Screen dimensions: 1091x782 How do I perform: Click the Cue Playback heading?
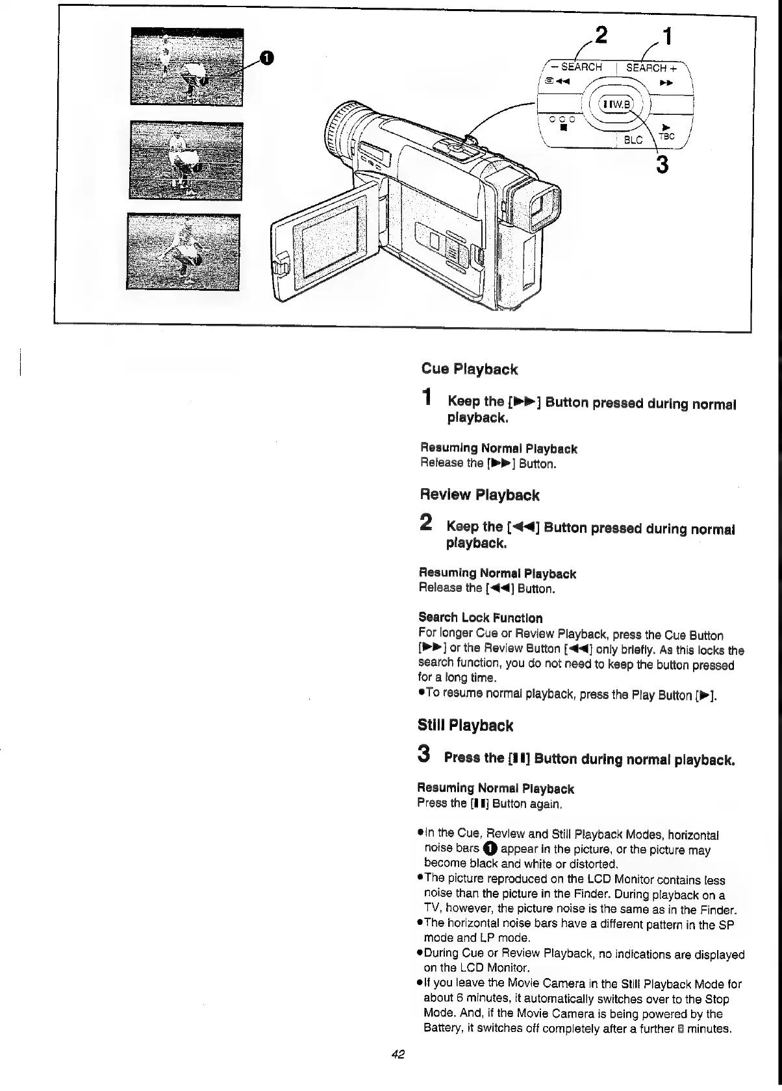tap(469, 369)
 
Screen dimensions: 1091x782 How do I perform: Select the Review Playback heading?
tap(479, 495)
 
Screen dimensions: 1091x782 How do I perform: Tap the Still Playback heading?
tap(465, 726)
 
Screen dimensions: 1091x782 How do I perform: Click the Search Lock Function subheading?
tap(480, 618)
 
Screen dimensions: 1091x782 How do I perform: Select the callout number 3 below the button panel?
tap(662, 165)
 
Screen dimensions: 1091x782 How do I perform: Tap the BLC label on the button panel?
tap(633, 140)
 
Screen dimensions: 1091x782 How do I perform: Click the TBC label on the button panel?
tap(667, 136)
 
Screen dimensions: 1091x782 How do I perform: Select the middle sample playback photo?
tap(186, 160)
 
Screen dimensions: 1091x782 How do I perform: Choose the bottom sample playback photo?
tap(184, 251)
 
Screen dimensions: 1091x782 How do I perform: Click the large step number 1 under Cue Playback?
tap(426, 397)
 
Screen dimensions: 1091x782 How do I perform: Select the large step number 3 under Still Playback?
tap(423, 754)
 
